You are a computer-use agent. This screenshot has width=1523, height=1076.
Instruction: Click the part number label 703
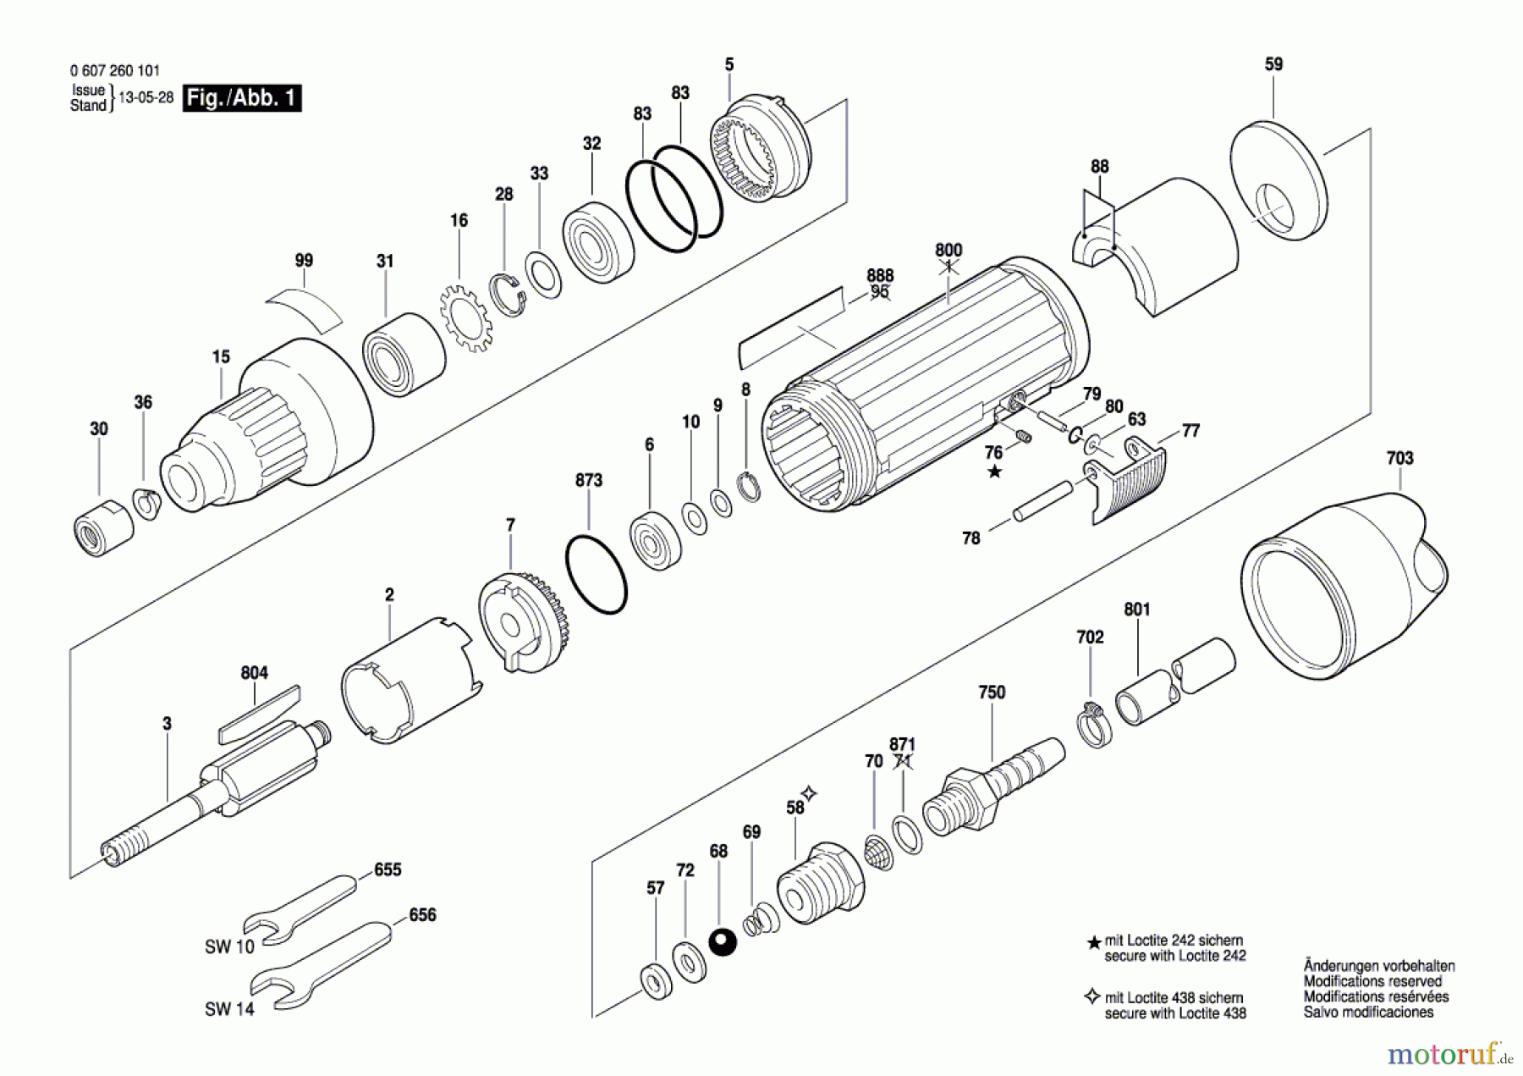coord(1399,458)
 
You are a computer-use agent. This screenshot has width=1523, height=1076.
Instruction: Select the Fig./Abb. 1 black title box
coord(242,98)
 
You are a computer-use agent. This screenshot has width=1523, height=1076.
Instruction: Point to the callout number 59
coord(1273,64)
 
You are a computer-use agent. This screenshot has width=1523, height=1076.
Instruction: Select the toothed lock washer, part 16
coord(465,318)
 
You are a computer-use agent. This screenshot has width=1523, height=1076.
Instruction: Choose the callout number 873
coord(589,480)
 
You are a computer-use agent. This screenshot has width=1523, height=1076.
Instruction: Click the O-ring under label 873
coord(596,574)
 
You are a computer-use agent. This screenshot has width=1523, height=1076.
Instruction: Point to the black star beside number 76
coord(995,472)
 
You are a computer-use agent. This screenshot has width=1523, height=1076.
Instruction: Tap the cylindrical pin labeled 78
coord(1042,501)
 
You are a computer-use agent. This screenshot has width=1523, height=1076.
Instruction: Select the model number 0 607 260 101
coord(115,71)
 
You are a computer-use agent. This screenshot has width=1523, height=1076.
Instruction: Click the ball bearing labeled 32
coord(598,241)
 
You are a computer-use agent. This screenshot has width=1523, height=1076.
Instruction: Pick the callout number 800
coord(948,250)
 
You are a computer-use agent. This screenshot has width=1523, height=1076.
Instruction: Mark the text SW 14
coord(229,1009)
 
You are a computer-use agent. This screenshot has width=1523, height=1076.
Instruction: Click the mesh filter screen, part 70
coord(879,852)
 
